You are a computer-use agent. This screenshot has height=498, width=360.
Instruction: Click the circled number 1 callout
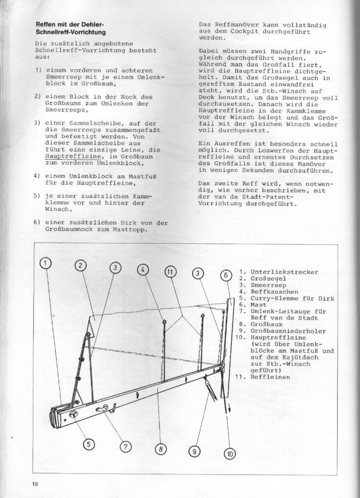tap(45, 263)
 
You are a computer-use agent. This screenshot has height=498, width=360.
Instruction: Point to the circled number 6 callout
tap(225, 275)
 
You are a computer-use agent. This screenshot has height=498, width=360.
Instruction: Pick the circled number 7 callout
tap(125, 446)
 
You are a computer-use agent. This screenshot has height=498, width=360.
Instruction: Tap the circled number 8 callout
tap(160, 449)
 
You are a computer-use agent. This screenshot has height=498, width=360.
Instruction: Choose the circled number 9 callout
tap(194, 451)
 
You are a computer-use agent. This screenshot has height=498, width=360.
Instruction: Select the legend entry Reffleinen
tap(270, 376)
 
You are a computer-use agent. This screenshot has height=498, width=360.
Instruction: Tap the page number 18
tap(36, 484)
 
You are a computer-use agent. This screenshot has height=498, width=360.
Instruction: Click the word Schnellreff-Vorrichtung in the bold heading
tap(71, 32)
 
